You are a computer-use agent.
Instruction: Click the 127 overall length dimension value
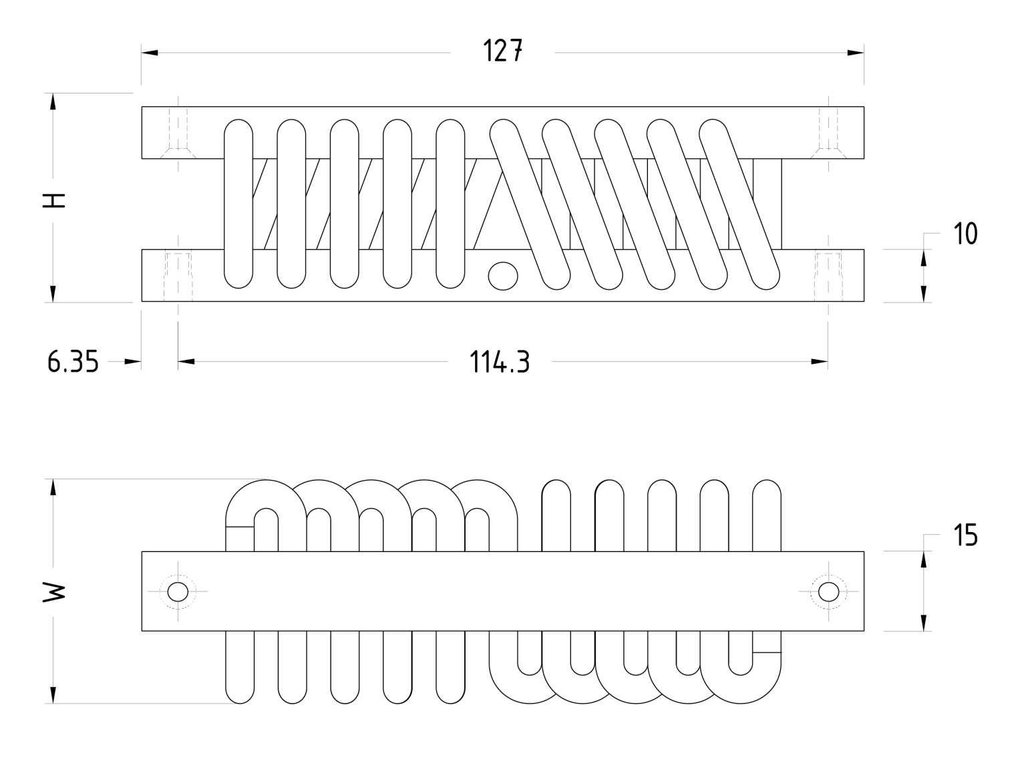click(502, 51)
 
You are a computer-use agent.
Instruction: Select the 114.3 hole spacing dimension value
click(500, 362)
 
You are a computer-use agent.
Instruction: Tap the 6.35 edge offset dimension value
click(73, 362)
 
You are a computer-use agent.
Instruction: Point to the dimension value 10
click(965, 234)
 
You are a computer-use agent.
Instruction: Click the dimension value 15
click(965, 535)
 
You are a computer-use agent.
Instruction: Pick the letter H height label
click(54, 200)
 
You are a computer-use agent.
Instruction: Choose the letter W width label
click(54, 591)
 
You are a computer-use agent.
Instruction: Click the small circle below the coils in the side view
click(503, 275)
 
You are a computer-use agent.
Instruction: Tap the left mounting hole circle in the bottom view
click(178, 591)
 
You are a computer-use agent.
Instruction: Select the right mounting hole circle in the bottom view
click(828, 591)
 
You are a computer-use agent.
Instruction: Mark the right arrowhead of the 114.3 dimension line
click(820, 362)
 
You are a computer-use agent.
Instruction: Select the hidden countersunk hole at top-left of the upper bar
click(178, 134)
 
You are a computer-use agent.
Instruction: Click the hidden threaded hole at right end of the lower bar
click(828, 275)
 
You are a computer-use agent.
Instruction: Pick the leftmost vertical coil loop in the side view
click(238, 204)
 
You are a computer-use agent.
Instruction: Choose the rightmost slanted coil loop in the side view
click(739, 204)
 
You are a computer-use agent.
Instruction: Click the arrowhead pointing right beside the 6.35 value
click(133, 362)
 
